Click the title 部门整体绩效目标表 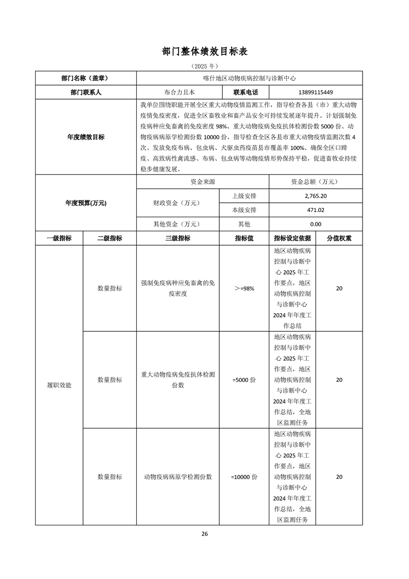point(205,52)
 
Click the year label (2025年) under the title point(205,67)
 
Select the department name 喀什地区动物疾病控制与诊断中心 point(249,78)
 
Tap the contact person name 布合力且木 point(179,92)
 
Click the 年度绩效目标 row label point(86,137)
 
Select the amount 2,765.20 point(316,196)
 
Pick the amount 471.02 point(316,210)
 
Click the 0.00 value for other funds point(316,224)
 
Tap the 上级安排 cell point(244,196)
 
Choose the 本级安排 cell point(244,210)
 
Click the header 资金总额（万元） point(316,182)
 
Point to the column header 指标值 point(244,238)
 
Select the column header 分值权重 point(339,238)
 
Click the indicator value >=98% point(244,288)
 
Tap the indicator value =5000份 point(244,380)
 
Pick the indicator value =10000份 point(244,477)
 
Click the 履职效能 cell point(59,385)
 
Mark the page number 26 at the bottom point(205,534)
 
